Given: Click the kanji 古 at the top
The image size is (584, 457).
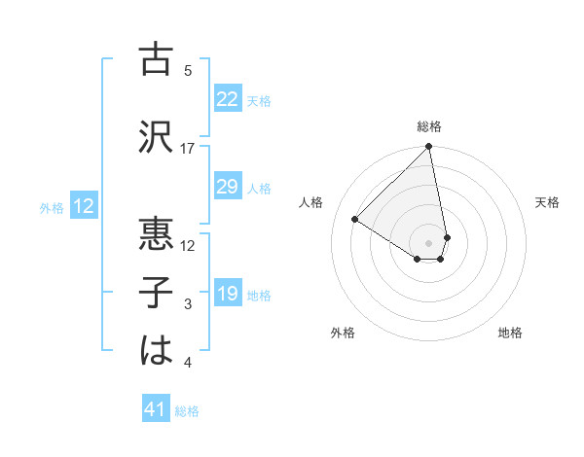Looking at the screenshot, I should (157, 59).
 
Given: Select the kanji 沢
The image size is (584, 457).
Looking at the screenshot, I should (157, 136).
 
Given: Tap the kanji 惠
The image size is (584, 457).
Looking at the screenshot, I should (157, 233).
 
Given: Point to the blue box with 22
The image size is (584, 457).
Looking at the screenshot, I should (228, 99).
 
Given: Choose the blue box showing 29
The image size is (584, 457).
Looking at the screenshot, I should (228, 187).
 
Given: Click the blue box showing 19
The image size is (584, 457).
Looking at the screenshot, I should (228, 294).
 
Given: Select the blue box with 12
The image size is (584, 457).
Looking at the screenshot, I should (83, 206).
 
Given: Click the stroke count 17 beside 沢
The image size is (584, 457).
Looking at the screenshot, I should (188, 149).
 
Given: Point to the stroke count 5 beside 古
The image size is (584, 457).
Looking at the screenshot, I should (188, 71).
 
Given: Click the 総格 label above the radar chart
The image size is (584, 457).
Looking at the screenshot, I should (429, 126).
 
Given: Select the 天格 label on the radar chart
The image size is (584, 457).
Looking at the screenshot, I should (547, 202).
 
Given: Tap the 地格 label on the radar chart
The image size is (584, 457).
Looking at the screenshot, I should (510, 333).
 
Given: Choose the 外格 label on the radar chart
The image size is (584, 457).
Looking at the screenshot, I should (343, 333).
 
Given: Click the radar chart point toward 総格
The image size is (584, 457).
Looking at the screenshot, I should (429, 147).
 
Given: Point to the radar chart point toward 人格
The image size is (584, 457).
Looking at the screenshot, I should (355, 220).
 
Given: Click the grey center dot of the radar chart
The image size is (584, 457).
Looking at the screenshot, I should (429, 242).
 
